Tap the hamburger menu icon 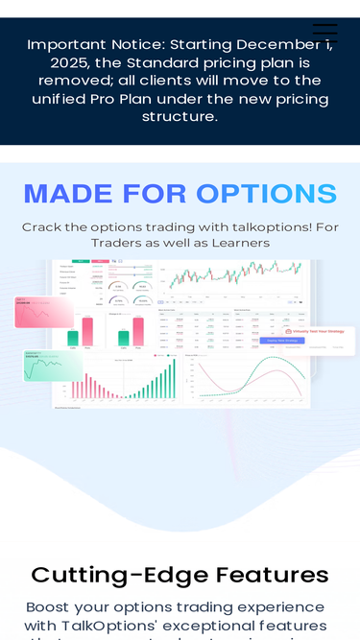(x=325, y=33)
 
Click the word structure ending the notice (x=180, y=117)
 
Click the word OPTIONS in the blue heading (x=269, y=194)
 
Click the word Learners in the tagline (x=236, y=243)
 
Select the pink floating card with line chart (x=44, y=313)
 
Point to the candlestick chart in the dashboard (x=234, y=277)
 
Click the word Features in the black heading (x=272, y=575)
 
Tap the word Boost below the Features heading (x=51, y=607)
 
